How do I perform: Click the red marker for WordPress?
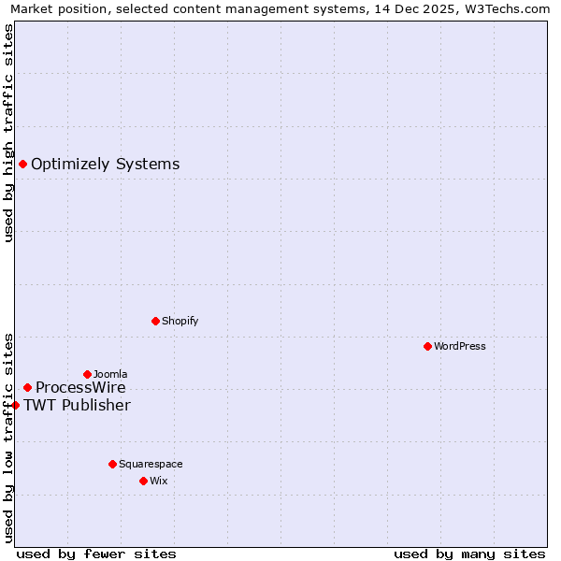pos(427,346)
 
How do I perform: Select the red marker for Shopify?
pos(155,321)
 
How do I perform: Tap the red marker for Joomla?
pos(87,374)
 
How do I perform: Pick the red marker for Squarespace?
pos(112,464)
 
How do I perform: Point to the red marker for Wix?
pos(143,481)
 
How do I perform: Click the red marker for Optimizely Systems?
pos(22,165)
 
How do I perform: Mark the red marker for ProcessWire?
pos(27,387)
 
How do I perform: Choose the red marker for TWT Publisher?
pos(15,405)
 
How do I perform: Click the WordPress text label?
pos(460,346)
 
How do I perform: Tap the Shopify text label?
pos(180,321)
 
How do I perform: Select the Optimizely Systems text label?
pos(106,165)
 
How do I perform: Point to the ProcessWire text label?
pos(80,387)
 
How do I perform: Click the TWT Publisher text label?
pos(77,405)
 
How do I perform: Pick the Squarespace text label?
pos(151,464)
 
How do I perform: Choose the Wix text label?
pos(159,481)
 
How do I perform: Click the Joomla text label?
pos(110,374)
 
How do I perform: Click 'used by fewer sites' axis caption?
pos(96,554)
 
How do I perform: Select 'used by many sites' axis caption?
pos(469,554)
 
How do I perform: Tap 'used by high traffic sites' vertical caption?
pos(8,133)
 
